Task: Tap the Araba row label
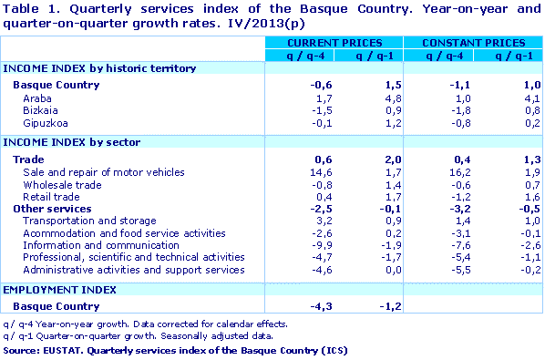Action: pos(36,97)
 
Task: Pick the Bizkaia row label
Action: pos(40,109)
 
